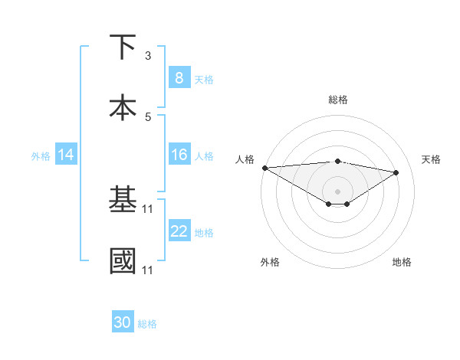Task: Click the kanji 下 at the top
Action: click(123, 47)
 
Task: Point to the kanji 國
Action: click(123, 260)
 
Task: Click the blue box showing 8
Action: click(179, 77)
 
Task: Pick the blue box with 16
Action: click(179, 155)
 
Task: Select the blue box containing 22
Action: click(179, 231)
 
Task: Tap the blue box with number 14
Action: click(66, 155)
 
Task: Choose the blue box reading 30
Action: click(123, 322)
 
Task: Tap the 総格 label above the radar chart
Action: click(338, 100)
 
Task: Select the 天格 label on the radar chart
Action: click(432, 159)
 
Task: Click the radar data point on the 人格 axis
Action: click(264, 168)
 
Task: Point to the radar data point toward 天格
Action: click(396, 172)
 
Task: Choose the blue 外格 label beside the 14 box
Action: click(41, 155)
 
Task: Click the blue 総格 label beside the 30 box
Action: click(147, 324)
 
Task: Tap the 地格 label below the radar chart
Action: click(402, 262)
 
